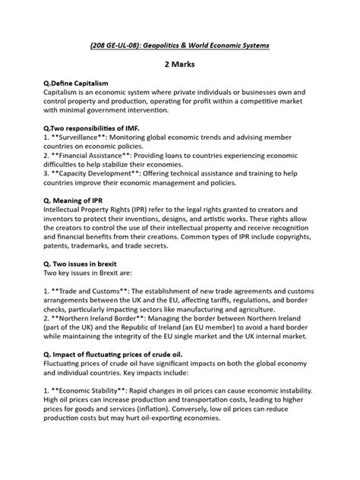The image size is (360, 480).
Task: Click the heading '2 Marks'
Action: click(179, 66)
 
